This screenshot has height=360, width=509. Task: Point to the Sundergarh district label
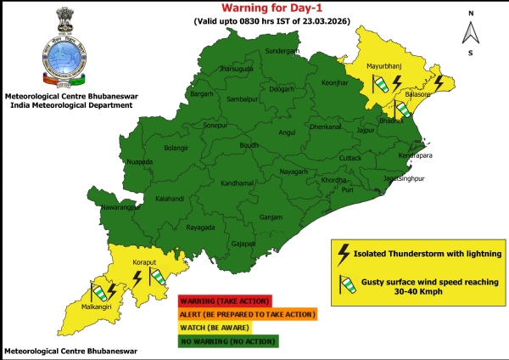[x=283, y=52]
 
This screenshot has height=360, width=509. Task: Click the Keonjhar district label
[x=336, y=83]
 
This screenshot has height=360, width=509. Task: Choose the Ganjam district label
[x=271, y=217]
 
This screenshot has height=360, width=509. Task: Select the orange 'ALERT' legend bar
[x=246, y=314]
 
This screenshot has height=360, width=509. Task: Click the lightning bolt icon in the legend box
[x=344, y=252]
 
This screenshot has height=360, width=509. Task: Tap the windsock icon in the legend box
[x=344, y=283]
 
